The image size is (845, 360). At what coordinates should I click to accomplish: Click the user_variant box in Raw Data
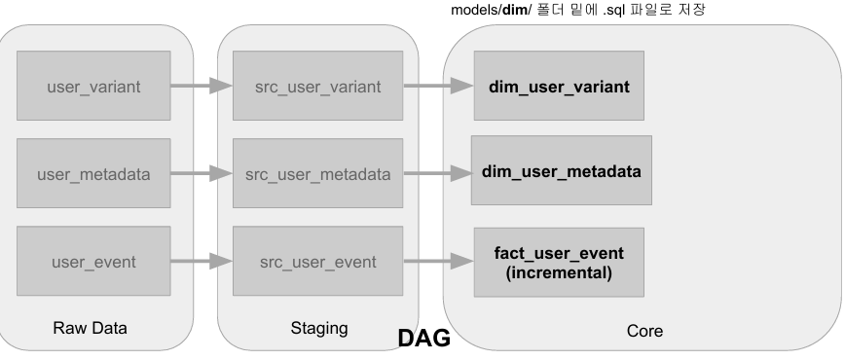[x=93, y=86]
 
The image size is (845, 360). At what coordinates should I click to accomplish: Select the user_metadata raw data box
[x=93, y=173]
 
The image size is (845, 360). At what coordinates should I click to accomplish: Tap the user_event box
[x=93, y=261]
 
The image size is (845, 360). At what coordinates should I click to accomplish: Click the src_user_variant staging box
[x=318, y=86]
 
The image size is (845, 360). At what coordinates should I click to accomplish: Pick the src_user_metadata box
[x=318, y=173]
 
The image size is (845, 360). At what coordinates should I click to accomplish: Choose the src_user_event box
[x=318, y=261]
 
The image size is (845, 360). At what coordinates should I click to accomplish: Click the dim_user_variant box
[x=559, y=86]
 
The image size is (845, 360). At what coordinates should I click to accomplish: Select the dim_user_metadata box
[x=562, y=170]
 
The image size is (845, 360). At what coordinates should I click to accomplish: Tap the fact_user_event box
[x=559, y=262]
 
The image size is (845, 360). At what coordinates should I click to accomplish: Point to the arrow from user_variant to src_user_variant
[x=202, y=86]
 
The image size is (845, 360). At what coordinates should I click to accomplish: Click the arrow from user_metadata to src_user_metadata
[x=202, y=173]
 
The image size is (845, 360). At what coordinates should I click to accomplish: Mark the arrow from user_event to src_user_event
[x=202, y=262]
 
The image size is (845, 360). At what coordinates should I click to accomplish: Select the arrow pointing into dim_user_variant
[x=439, y=86]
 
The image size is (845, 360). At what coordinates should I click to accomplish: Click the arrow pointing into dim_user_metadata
[x=438, y=173]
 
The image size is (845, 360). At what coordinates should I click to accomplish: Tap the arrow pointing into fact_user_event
[x=439, y=262]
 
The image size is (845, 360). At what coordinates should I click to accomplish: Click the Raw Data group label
[x=90, y=328]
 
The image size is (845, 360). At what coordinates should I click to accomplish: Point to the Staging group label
[x=319, y=328]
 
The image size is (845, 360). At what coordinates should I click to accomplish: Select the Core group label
[x=644, y=331]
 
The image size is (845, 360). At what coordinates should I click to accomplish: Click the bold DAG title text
[x=424, y=339]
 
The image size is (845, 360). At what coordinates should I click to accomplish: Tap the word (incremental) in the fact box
[x=559, y=272]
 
